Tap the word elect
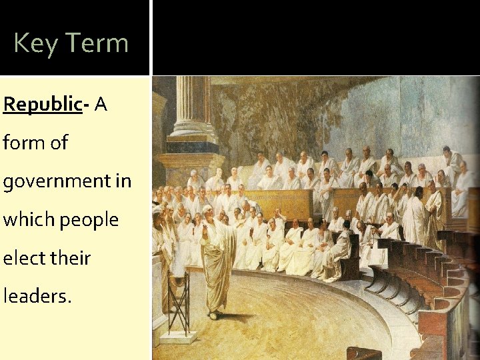click(x=26, y=258)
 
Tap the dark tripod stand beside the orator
click(x=179, y=300)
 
